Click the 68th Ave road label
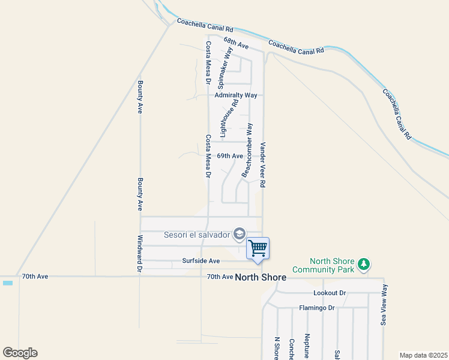[236, 44]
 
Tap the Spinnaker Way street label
[223, 66]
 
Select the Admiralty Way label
[236, 95]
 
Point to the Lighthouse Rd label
[224, 118]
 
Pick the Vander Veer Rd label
[262, 166]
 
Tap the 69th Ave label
[230, 156]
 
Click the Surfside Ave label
[201, 261]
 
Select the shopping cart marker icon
[258, 248]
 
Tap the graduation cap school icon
[239, 233]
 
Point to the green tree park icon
[363, 264]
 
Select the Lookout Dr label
[330, 293]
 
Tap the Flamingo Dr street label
[316, 308]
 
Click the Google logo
[20, 353]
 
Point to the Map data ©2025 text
[423, 355]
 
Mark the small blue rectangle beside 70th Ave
[7, 283]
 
